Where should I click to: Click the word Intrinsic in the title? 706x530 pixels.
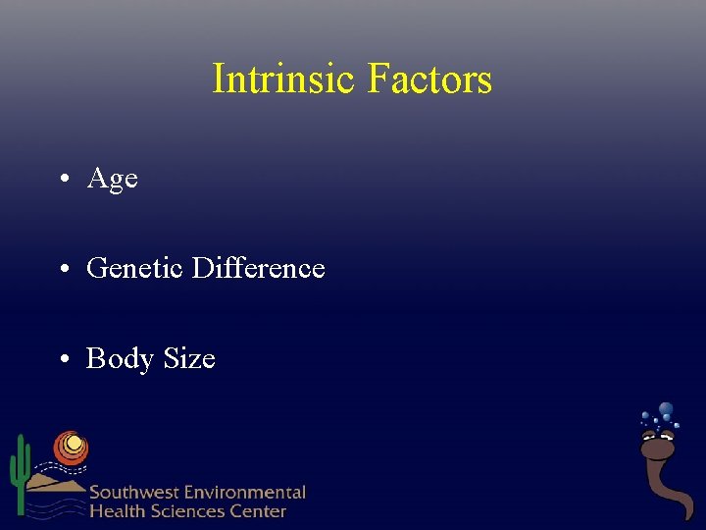[x=284, y=79]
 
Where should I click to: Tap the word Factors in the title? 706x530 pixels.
[x=429, y=79]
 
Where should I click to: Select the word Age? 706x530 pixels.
[x=112, y=180]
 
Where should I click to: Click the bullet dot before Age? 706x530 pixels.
[x=62, y=179]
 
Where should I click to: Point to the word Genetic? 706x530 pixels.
[x=136, y=268]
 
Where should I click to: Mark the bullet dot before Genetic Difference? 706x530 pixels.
[x=62, y=269]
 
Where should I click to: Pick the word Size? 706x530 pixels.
[x=189, y=359]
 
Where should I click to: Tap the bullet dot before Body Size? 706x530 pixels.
[x=62, y=359]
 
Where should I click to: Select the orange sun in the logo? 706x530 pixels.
[x=70, y=447]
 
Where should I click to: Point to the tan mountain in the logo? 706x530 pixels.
[x=54, y=481]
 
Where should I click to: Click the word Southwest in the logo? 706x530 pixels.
[x=135, y=493]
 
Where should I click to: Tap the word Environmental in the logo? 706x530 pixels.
[x=246, y=493]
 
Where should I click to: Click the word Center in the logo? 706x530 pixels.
[x=258, y=511]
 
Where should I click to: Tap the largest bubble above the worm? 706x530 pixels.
[x=666, y=409]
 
